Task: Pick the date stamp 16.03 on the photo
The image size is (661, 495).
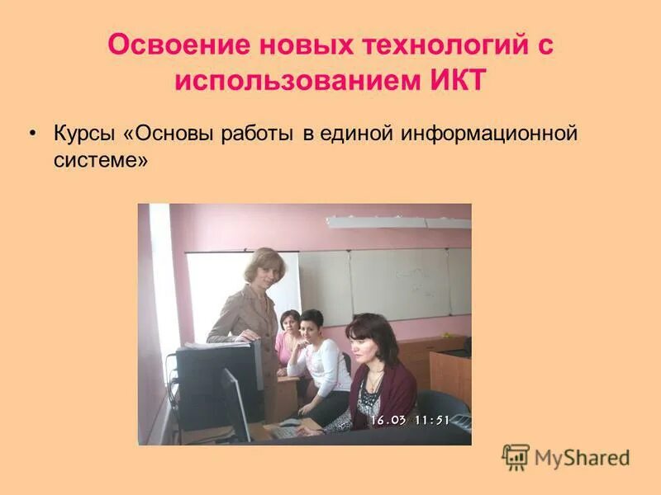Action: click(x=388, y=420)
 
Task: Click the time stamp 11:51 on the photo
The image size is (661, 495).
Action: click(x=431, y=420)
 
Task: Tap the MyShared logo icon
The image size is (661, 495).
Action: click(x=516, y=457)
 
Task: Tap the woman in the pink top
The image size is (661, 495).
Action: click(x=288, y=338)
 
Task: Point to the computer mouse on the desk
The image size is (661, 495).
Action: click(x=290, y=422)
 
